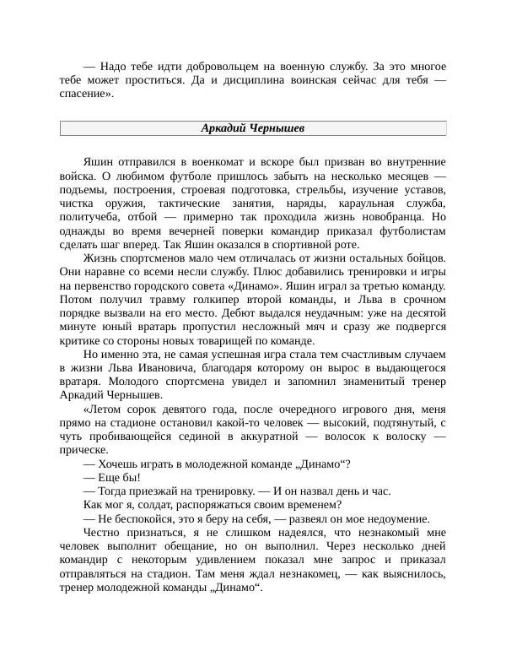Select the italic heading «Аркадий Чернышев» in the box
pos(253,128)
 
